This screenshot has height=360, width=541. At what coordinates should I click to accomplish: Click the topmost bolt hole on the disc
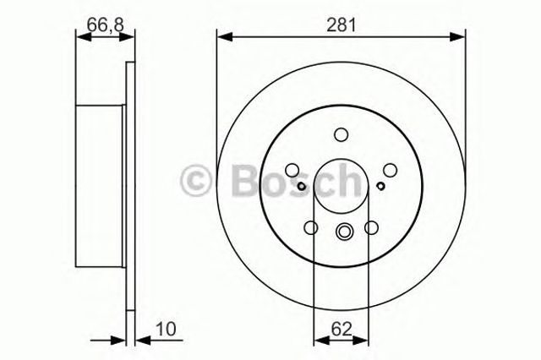tap(342, 134)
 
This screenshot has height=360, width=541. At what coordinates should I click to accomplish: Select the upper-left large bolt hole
tap(292, 168)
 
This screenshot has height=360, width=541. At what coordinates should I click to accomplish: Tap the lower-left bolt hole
tap(310, 226)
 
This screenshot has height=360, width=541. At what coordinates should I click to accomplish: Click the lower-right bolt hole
tap(372, 226)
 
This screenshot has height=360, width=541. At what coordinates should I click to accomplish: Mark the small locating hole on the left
tap(302, 187)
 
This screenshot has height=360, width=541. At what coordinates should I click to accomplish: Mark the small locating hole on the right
tap(381, 187)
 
